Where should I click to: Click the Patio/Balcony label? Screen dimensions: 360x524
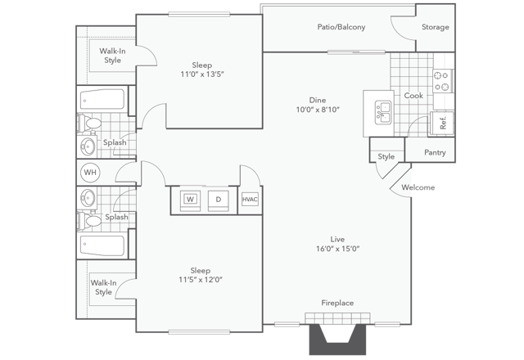pyautogui.click(x=341, y=27)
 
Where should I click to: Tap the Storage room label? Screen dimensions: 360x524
pyautogui.click(x=435, y=27)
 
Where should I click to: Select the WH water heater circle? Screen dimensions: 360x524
pyautogui.click(x=90, y=173)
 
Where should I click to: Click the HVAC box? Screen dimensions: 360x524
pyautogui.click(x=249, y=199)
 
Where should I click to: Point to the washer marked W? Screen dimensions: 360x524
pyautogui.click(x=190, y=199)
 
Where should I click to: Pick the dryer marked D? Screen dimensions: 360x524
pyautogui.click(x=218, y=199)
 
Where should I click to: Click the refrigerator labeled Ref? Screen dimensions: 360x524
pyautogui.click(x=443, y=123)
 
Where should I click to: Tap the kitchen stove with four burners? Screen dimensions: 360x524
pyautogui.click(x=443, y=80)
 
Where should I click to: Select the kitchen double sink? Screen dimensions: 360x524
pyautogui.click(x=383, y=111)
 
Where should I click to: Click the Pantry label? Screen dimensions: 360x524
pyautogui.click(x=435, y=152)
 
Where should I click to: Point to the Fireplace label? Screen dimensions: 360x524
pyautogui.click(x=337, y=303)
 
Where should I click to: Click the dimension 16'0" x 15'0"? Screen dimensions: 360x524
pyautogui.click(x=337, y=249)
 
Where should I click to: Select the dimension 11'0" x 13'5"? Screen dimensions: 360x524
pyautogui.click(x=201, y=73)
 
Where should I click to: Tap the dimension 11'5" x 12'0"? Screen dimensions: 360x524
pyautogui.click(x=201, y=279)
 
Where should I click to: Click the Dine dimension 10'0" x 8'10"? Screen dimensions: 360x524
pyautogui.click(x=318, y=109)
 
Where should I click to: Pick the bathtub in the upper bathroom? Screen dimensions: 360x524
pyautogui.click(x=103, y=100)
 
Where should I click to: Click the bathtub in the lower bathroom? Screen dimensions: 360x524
pyautogui.click(x=103, y=245)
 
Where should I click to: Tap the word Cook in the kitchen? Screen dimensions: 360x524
pyautogui.click(x=413, y=96)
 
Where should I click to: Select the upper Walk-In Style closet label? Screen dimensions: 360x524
pyautogui.click(x=111, y=56)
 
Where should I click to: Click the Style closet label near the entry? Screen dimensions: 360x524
pyautogui.click(x=386, y=156)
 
